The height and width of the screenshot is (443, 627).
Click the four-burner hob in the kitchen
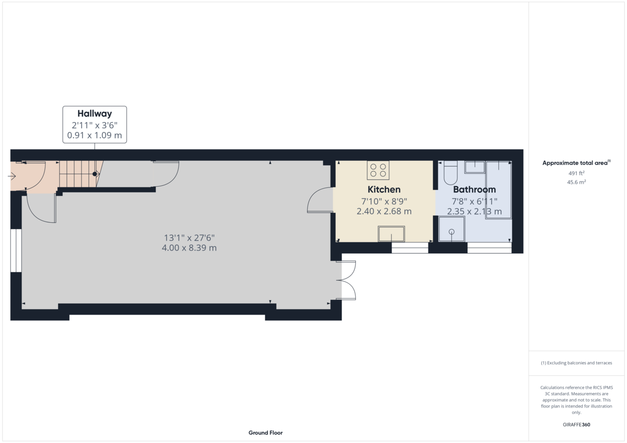(378, 170)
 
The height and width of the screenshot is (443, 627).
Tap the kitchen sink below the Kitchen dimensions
(391, 234)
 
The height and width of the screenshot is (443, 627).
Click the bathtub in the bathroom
(498, 190)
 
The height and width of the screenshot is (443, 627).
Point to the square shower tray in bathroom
(451, 230)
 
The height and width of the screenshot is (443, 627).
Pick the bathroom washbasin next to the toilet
(474, 167)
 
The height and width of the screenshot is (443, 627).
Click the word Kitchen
(384, 189)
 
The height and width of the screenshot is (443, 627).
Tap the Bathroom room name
(474, 189)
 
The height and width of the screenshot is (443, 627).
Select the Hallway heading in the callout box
(95, 113)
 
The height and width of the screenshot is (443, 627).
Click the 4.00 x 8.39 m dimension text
(189, 248)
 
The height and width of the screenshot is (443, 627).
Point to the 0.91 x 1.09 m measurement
(95, 135)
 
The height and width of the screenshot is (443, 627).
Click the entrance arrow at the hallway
(12, 176)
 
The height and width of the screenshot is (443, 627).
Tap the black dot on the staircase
(95, 174)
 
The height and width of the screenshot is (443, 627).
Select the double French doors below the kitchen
(348, 280)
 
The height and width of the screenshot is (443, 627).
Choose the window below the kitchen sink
(409, 248)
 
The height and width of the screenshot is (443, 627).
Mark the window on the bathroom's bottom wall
(489, 248)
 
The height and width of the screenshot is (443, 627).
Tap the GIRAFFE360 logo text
(576, 425)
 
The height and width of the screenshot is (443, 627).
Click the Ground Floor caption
(265, 433)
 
